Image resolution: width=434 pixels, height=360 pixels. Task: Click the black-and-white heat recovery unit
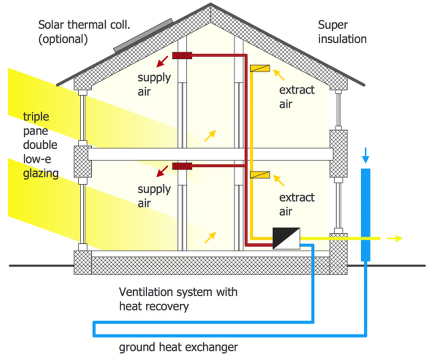point(286,238)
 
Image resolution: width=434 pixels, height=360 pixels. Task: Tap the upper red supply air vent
point(182,56)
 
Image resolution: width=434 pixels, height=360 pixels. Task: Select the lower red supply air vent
point(182,166)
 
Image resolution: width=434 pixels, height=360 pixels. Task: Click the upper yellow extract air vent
point(260,68)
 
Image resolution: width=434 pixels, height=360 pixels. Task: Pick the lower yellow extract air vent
point(260,175)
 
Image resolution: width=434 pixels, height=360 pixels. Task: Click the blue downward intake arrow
point(366,155)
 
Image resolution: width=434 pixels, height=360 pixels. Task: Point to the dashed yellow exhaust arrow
point(394,238)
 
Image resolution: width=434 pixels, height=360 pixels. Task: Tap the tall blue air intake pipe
point(366,215)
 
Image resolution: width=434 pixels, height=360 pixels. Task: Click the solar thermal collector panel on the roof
point(143,35)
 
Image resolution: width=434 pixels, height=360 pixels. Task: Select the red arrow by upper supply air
point(162,62)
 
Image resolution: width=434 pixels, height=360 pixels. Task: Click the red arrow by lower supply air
point(162,172)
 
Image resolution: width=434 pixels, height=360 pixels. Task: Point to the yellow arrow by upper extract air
point(279,75)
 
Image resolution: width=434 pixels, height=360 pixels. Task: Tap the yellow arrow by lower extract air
point(279,180)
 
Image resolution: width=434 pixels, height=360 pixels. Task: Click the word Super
point(333,25)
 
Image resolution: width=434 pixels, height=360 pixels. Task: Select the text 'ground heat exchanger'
point(179,347)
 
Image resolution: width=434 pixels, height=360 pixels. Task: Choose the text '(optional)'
point(63,39)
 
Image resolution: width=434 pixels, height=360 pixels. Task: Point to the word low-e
point(37,159)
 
